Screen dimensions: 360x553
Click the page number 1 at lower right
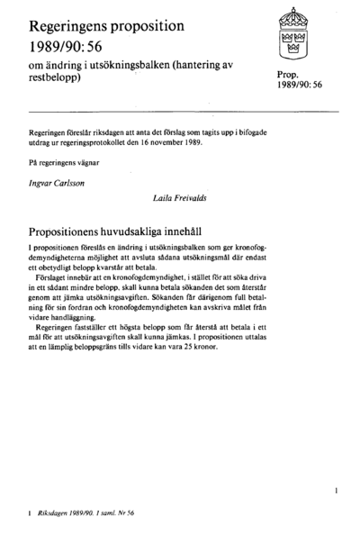pyautogui.click(x=334, y=494)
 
